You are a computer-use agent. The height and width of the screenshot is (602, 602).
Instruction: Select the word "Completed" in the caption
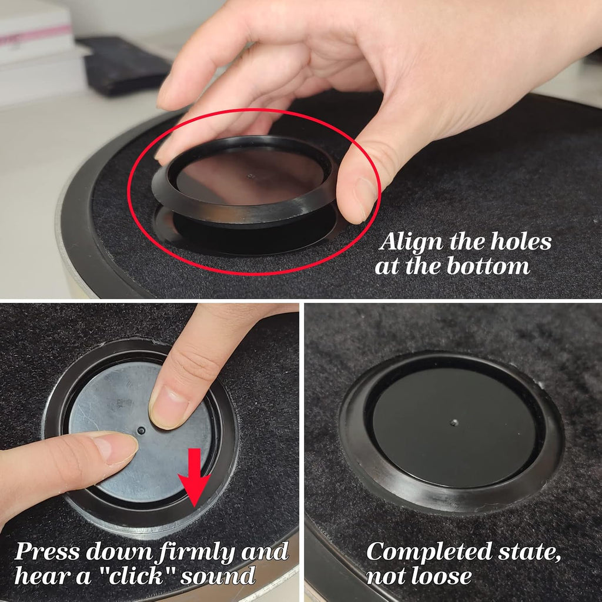click(429, 552)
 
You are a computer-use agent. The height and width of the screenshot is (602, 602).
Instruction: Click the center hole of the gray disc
click(141, 430)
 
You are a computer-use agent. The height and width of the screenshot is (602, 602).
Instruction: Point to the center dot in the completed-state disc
click(454, 423)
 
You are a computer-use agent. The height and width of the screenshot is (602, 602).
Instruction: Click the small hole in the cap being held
click(250, 176)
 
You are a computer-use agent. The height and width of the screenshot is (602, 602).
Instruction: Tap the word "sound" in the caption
click(218, 576)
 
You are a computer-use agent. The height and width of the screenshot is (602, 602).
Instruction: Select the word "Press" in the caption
click(47, 552)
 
